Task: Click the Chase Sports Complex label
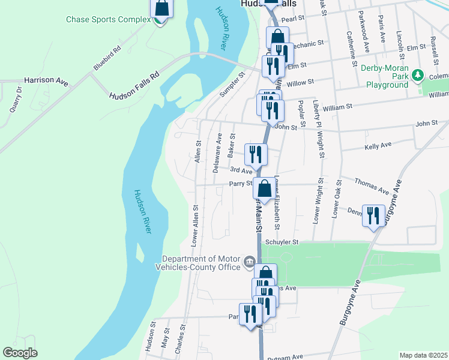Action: pyautogui.click(x=108, y=19)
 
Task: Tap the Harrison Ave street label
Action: pyautogui.click(x=46, y=80)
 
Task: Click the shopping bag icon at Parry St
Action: pyautogui.click(x=264, y=187)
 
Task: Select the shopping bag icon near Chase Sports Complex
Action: pyautogui.click(x=161, y=8)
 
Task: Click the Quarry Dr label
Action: pyautogui.click(x=15, y=100)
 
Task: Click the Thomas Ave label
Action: pyautogui.click(x=372, y=185)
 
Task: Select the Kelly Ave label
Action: pyautogui.click(x=378, y=145)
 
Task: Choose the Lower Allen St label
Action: pyautogui.click(x=194, y=226)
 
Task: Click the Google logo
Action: pyautogui.click(x=20, y=353)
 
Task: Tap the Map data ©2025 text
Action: pyautogui.click(x=423, y=355)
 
